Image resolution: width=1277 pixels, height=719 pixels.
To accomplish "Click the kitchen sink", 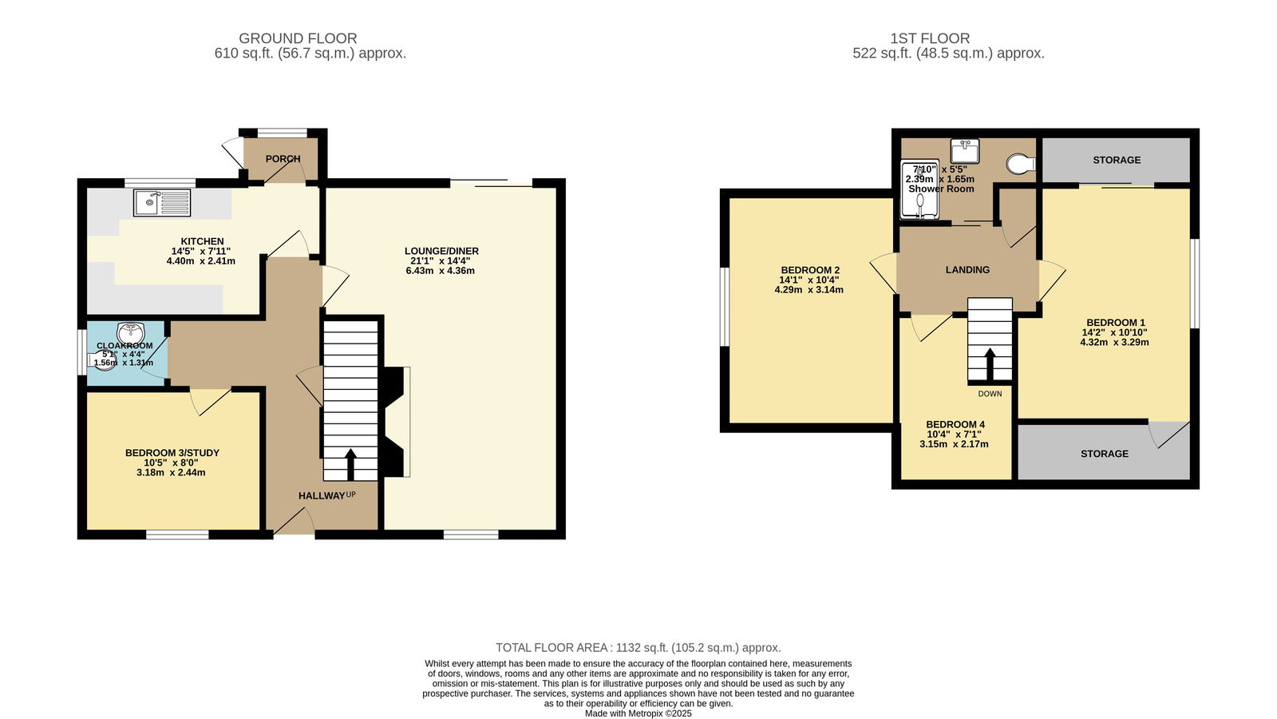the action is click(x=162, y=203).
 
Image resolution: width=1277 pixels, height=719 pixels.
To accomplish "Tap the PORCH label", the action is click(x=283, y=159).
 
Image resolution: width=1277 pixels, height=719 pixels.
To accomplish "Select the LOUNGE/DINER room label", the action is click(x=441, y=251).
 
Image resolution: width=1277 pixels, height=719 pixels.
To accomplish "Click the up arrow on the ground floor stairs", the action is click(x=350, y=464).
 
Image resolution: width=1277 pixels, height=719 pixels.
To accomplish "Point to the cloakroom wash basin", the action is click(x=131, y=332).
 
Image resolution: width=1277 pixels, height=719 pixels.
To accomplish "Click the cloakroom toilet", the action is click(x=101, y=360).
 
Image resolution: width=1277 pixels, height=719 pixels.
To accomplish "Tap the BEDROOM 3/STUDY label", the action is click(x=172, y=453).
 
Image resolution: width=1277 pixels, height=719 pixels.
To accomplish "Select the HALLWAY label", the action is click(x=322, y=496).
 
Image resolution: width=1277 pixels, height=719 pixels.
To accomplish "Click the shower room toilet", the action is click(x=1021, y=164).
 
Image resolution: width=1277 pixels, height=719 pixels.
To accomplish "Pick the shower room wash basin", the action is click(x=965, y=151).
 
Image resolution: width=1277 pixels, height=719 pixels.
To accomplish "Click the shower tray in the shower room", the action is click(x=919, y=189).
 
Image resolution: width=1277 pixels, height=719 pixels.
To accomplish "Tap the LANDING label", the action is click(x=967, y=270).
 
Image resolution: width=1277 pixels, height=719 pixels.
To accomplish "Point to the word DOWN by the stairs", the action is click(x=990, y=394).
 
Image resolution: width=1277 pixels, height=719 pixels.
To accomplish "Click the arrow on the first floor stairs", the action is click(x=990, y=363).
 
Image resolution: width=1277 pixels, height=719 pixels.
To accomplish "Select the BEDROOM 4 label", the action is click(x=955, y=424).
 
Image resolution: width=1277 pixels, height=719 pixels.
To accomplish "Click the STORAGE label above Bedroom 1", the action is click(x=1117, y=161).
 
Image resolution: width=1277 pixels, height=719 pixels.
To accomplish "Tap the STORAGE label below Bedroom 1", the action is click(x=1105, y=454).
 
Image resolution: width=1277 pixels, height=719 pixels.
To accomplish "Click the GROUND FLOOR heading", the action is click(x=298, y=38).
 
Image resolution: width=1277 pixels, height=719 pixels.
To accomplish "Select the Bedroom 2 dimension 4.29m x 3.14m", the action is click(x=809, y=290).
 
